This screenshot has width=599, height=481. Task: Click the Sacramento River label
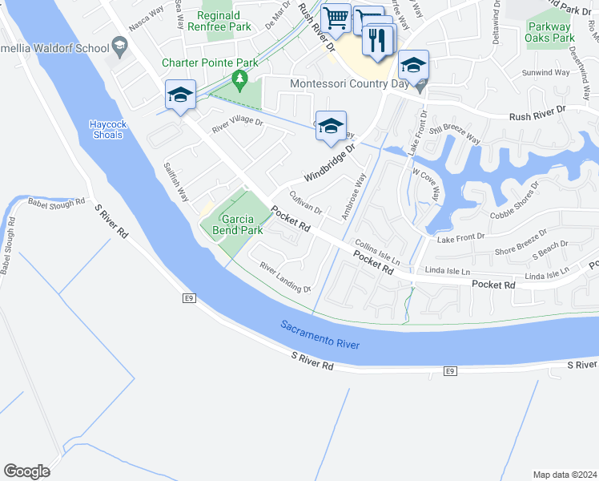click(x=320, y=335)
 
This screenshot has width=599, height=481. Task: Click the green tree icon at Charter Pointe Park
click(x=239, y=79)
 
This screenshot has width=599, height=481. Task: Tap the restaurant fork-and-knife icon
click(x=379, y=39)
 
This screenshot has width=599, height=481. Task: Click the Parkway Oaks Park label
click(x=551, y=32)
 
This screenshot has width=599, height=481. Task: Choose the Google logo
click(x=26, y=471)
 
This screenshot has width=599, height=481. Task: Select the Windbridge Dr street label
click(x=328, y=164)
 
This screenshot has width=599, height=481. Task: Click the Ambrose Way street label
click(x=353, y=194)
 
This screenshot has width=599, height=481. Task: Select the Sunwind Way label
click(x=545, y=73)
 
